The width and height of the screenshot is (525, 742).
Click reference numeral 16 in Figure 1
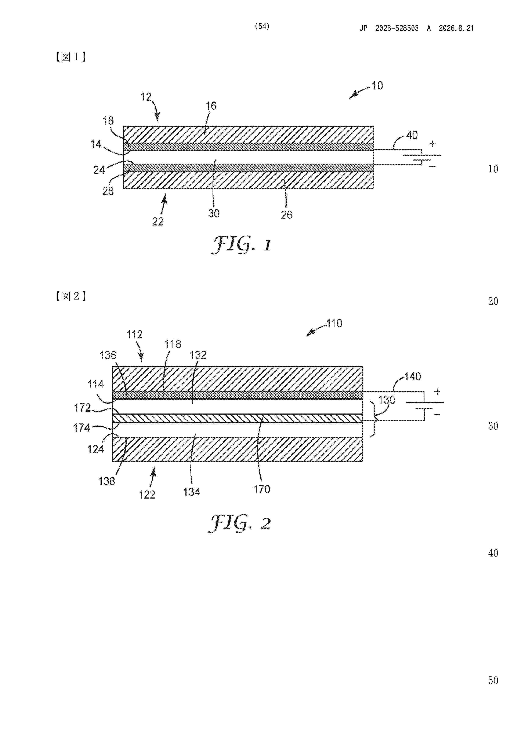pos(211,106)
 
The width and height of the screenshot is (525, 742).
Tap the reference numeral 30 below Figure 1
pos(214,213)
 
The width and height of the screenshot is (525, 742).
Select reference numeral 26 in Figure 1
pos(287,215)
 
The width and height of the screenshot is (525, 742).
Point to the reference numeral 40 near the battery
pos(412,135)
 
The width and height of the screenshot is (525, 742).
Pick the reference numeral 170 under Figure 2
pos(262,489)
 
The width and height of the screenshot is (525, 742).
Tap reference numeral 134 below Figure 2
pos(192,492)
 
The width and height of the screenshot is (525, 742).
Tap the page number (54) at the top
pos(262,26)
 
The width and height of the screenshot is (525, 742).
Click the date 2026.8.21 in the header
pos(456,28)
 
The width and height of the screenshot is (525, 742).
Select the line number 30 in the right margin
pos(493,426)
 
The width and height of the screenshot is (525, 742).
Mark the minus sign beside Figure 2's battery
pos(437,414)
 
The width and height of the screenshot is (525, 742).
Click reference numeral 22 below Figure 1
pos(158,222)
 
